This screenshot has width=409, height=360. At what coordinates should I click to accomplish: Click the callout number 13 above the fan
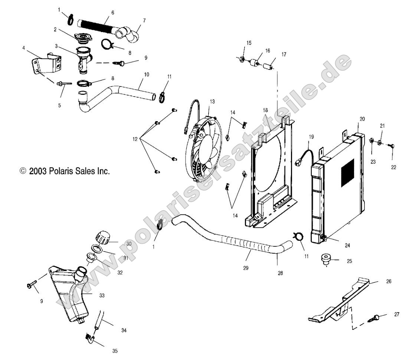coord(212,101)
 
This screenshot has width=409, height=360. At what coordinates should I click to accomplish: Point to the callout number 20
coord(362,119)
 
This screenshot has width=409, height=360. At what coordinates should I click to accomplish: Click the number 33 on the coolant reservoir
coord(102,296)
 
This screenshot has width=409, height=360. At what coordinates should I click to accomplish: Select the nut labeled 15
coord(241,58)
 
